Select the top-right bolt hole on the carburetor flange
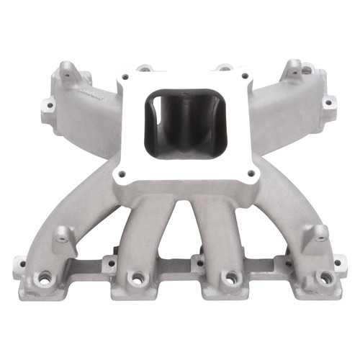click(244, 75)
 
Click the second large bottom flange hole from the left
click(134, 277)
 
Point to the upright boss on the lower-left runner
click(63, 234)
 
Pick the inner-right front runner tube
click(220, 230)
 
